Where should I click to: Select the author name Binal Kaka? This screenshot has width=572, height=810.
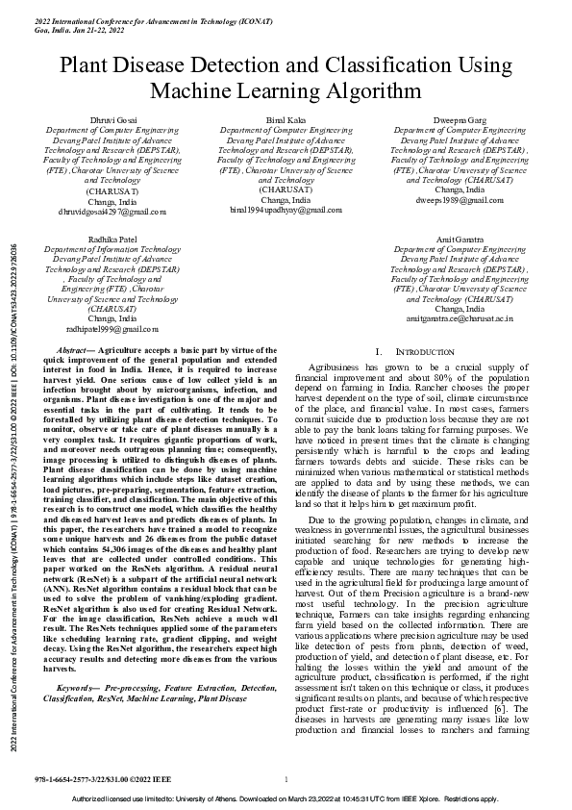286,117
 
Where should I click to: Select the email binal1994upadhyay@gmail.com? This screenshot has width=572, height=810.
286,209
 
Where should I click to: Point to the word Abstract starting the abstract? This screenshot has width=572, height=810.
74,353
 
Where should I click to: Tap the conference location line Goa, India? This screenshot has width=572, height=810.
79,30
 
